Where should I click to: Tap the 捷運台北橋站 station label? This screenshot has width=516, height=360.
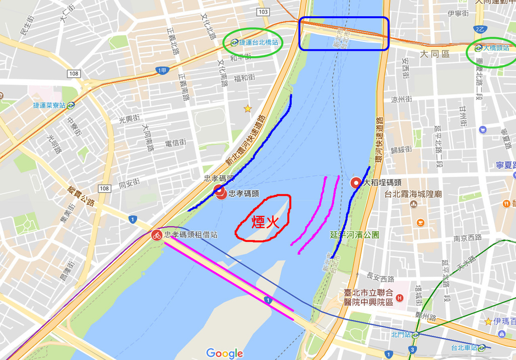click(259, 43)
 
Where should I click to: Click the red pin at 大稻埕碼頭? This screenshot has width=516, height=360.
click(356, 182)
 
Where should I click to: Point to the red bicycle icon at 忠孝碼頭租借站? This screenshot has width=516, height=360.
click(157, 235)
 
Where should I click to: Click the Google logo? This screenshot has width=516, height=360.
click(224, 353)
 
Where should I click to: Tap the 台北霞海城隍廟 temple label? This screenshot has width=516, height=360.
click(413, 194)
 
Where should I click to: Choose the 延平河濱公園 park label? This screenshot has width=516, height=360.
click(354, 235)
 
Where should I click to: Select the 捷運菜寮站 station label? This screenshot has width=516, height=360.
click(49, 106)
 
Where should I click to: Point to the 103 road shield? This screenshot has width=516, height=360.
click(263, 12)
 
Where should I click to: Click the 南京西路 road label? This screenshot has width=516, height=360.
click(468, 237)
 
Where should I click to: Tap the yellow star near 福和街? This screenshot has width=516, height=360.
click(247, 108)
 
